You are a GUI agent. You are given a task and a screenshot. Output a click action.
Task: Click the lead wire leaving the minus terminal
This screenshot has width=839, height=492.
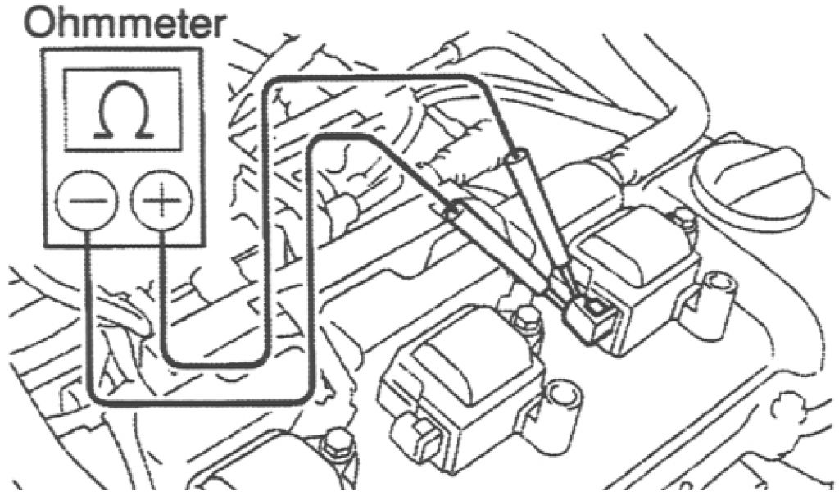[x=88, y=328]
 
